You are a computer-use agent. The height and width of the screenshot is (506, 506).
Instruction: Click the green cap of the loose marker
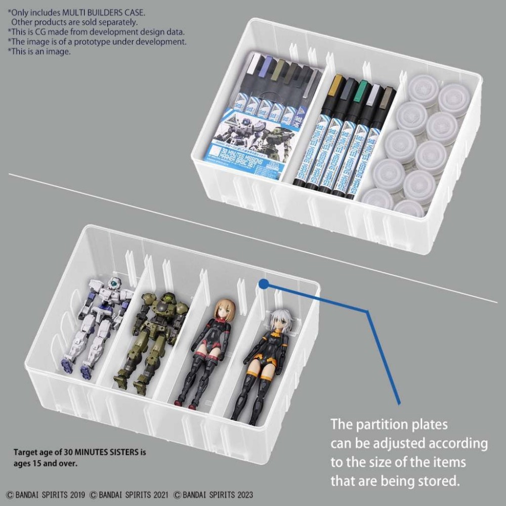(360, 92)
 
